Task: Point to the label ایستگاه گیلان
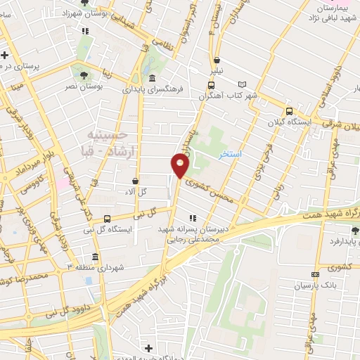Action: [289, 122]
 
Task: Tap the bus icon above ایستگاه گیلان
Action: [289, 111]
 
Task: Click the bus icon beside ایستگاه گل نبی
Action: [107, 219]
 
